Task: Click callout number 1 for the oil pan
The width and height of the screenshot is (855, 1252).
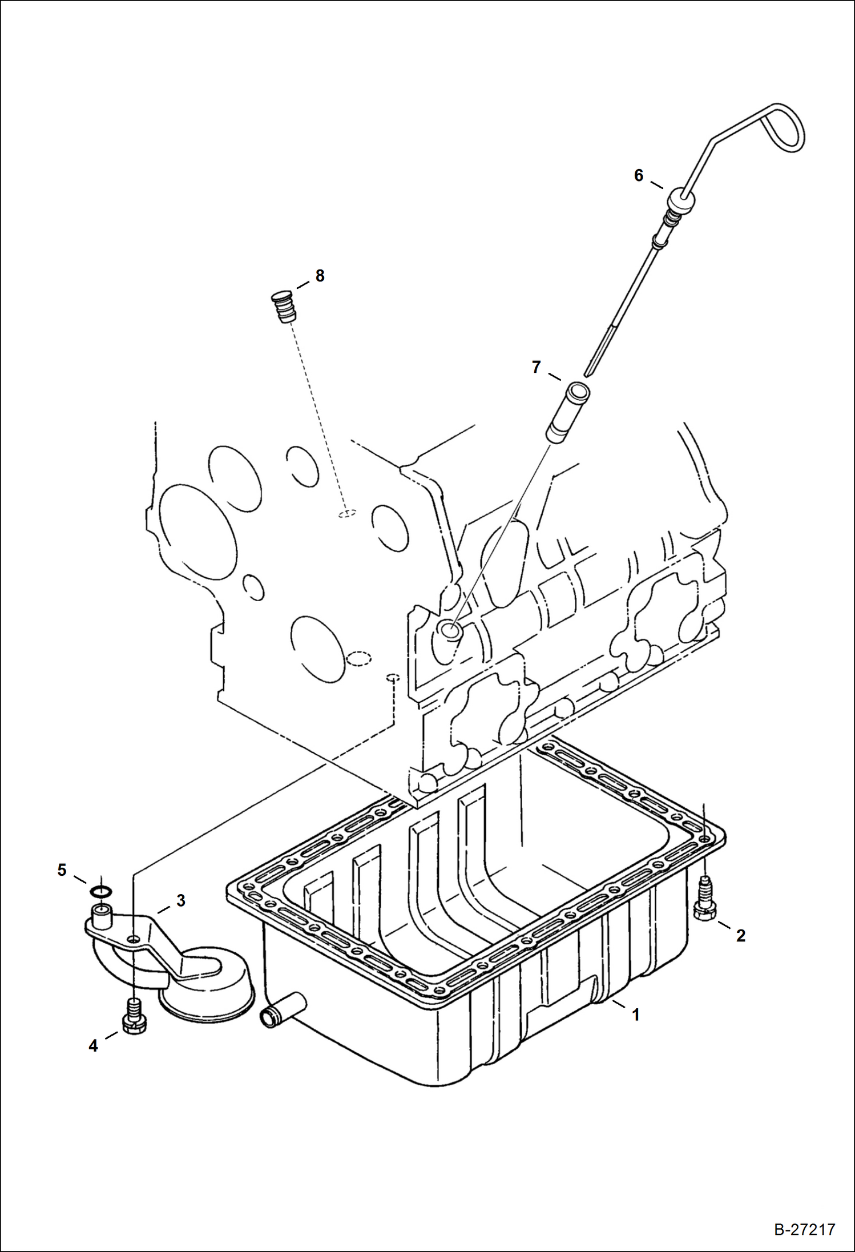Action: (635, 1015)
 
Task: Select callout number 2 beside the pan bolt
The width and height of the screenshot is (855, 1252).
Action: (740, 935)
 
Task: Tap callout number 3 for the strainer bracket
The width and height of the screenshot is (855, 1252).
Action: (181, 900)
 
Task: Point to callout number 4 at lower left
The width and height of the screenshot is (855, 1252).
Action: (93, 1045)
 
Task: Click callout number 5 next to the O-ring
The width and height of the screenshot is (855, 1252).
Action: (62, 870)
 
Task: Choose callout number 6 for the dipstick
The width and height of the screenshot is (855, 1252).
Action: (639, 175)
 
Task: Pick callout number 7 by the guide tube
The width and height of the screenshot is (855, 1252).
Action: (536, 367)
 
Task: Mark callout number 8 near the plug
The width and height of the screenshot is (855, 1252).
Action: (320, 276)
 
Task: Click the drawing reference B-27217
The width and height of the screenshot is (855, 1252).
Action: (804, 1229)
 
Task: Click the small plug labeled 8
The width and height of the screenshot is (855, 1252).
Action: (284, 307)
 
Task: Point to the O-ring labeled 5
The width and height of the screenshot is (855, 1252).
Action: (101, 891)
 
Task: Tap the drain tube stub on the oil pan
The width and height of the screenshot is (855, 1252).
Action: (282, 1010)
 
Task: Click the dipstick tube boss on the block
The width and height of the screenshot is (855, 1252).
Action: (449, 631)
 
